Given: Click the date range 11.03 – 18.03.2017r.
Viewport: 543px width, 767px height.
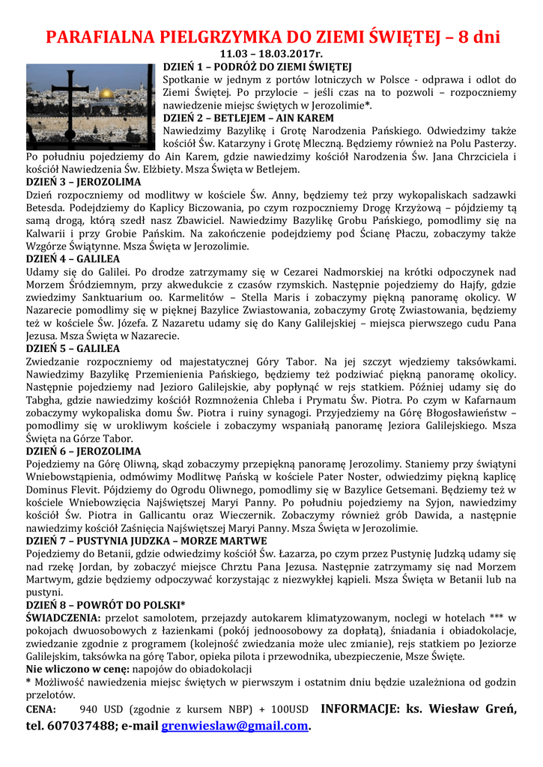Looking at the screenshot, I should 271,55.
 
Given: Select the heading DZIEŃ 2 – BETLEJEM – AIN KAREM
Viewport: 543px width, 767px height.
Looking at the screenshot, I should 249,118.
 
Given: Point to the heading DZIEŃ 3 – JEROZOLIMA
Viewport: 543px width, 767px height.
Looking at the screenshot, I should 83,182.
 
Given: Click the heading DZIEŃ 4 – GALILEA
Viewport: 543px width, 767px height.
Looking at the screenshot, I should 73,258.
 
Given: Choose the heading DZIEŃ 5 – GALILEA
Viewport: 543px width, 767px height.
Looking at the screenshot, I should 73,348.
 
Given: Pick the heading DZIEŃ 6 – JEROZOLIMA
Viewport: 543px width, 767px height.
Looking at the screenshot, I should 83,451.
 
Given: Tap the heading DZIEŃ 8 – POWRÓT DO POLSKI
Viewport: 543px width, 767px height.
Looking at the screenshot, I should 105,604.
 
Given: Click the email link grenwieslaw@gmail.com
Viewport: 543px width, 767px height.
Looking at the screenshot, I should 234,725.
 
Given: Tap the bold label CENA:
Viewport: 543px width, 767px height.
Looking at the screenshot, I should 40,709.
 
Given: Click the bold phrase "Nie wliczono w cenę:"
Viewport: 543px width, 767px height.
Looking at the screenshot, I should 76,669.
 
